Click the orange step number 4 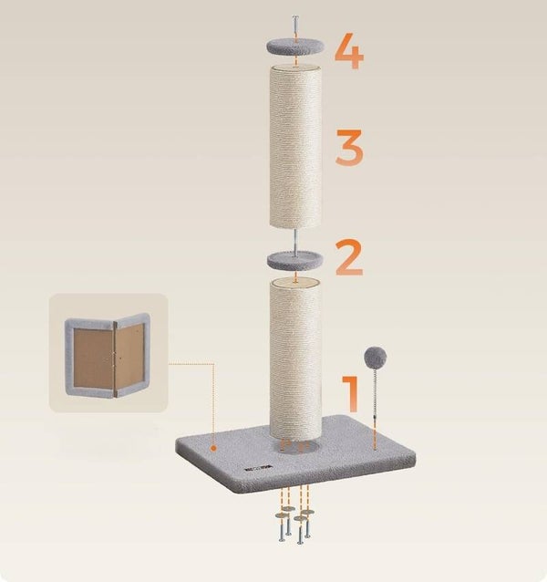click(349, 51)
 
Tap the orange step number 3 click(349, 148)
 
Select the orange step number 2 click(349, 257)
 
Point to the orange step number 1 click(351, 394)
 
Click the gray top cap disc click(295, 47)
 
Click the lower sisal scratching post click(295, 359)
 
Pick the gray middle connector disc click(295, 261)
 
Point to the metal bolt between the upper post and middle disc click(295, 241)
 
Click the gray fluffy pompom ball click(376, 358)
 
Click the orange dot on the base click(213, 449)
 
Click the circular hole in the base click(295, 446)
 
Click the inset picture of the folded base click(108, 353)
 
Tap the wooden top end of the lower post click(295, 283)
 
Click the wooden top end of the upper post click(295, 68)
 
